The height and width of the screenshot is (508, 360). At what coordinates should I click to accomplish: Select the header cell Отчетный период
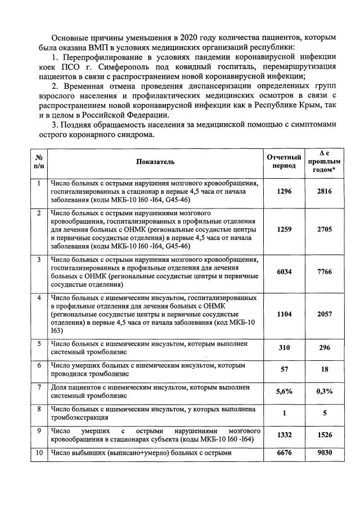(284, 162)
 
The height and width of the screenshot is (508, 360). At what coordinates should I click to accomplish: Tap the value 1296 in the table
(285, 192)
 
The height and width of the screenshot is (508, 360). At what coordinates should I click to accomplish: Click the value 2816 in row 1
(325, 192)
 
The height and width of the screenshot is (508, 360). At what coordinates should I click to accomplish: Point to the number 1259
(285, 230)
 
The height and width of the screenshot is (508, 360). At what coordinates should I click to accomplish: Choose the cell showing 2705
(325, 230)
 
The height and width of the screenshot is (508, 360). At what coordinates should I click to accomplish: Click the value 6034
(285, 272)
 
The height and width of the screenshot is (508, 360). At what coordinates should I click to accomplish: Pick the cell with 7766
(325, 272)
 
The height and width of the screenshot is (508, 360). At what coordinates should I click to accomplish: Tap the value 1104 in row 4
(285, 314)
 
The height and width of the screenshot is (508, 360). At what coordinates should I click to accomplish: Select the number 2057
(325, 314)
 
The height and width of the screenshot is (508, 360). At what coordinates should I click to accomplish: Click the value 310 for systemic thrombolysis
(285, 348)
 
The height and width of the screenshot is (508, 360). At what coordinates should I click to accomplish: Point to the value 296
(325, 348)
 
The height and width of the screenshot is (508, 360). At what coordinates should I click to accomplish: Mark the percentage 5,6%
(285, 392)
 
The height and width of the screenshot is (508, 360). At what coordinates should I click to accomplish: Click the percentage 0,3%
(325, 392)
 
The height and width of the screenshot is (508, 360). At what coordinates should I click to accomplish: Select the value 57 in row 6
(285, 370)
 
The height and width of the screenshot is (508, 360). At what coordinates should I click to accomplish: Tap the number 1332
(285, 436)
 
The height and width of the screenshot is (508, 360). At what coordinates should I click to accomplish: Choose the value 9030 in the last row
(325, 453)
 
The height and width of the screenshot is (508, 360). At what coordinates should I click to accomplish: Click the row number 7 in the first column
(39, 388)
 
